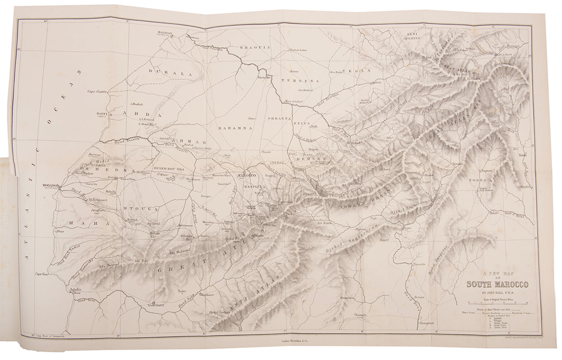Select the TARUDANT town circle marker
point(154,302)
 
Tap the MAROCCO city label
point(248,176)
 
